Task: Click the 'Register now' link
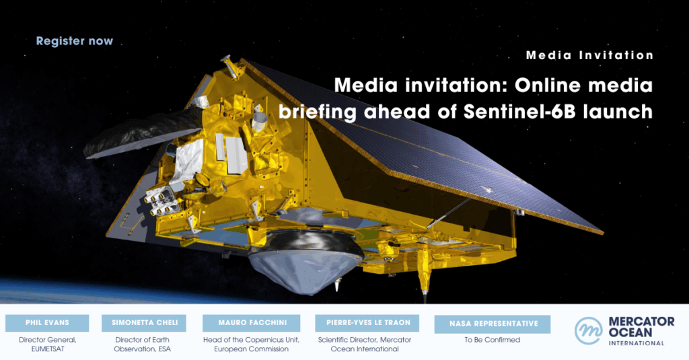click(x=74, y=41)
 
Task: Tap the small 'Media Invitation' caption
click(x=589, y=55)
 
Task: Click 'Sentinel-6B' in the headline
click(x=519, y=112)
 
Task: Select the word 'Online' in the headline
click(x=548, y=85)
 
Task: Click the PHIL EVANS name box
click(x=47, y=322)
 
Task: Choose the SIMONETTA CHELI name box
click(x=144, y=322)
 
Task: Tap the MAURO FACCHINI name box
click(x=252, y=322)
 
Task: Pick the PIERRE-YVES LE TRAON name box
click(x=367, y=322)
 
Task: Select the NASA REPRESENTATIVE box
click(x=492, y=324)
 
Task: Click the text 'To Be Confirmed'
click(x=492, y=340)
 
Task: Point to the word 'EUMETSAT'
click(x=48, y=349)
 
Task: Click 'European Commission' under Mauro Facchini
click(x=252, y=349)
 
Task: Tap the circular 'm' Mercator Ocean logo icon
click(x=588, y=330)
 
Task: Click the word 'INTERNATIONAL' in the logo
click(x=637, y=343)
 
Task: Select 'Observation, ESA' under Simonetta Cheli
click(x=143, y=349)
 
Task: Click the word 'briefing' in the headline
click(x=318, y=112)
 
